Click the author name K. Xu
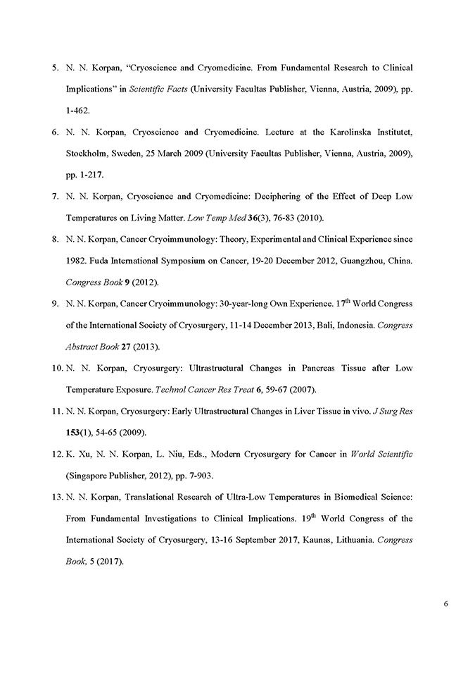(x=77, y=455)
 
